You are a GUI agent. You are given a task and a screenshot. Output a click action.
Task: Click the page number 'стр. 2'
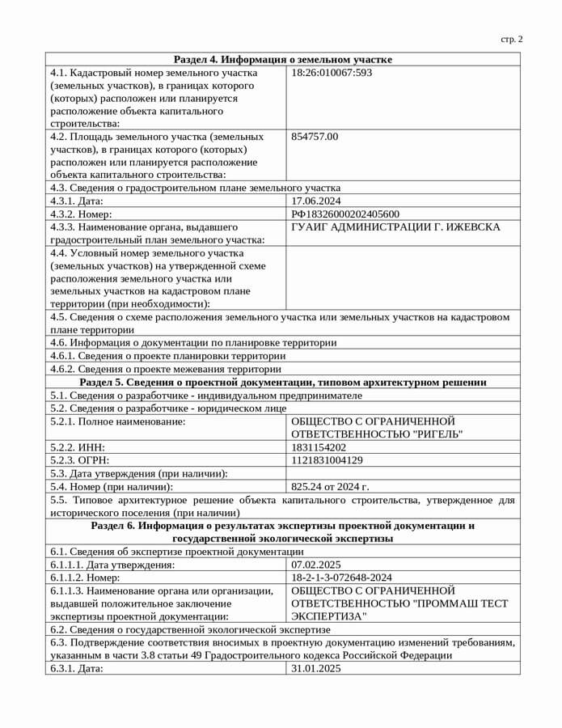pyautogui.click(x=512, y=39)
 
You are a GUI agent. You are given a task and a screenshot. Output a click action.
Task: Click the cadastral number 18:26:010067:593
pyautogui.click(x=332, y=72)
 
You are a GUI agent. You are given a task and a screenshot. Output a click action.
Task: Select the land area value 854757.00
pyautogui.click(x=315, y=137)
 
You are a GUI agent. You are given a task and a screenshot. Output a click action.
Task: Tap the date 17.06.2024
pyautogui.click(x=316, y=201)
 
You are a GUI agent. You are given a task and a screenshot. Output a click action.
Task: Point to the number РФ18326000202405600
pyautogui.click(x=345, y=214)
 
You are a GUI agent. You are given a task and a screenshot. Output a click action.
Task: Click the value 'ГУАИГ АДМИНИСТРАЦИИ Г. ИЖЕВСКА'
pyautogui.click(x=395, y=226)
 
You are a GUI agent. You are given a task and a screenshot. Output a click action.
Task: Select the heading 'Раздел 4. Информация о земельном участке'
pyautogui.click(x=283, y=59)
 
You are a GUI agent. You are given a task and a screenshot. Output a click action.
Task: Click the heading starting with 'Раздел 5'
pyautogui.click(x=283, y=382)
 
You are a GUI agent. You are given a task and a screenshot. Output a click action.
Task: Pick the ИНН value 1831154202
pyautogui.click(x=319, y=447)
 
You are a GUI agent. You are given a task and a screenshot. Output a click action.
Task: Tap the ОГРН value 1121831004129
pyautogui.click(x=327, y=460)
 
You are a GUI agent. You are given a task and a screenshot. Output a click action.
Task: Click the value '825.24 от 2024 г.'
pyautogui.click(x=330, y=487)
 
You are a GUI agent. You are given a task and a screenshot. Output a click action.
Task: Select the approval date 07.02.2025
pyautogui.click(x=316, y=565)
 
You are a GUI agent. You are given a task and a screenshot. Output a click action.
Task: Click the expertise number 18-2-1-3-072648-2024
pyautogui.click(x=341, y=578)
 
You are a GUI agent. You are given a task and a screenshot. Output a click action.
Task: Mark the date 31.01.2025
pyautogui.click(x=316, y=668)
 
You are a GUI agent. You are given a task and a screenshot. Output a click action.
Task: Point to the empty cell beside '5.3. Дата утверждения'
pyautogui.click(x=403, y=473)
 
